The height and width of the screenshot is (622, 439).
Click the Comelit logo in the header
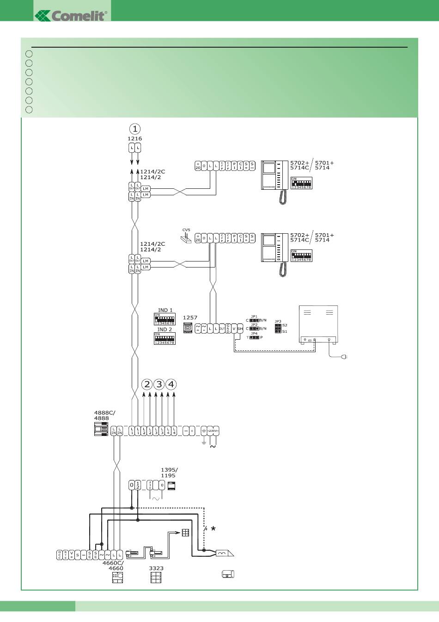pyautogui.click(x=72, y=15)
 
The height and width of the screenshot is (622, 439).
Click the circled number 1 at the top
pyautogui.click(x=134, y=129)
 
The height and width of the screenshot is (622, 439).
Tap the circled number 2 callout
pyautogui.click(x=147, y=384)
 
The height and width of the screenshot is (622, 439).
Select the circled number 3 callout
pyautogui.click(x=159, y=384)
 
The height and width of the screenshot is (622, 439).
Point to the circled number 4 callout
pyautogui.click(x=171, y=384)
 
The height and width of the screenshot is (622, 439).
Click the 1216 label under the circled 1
pyautogui.click(x=134, y=138)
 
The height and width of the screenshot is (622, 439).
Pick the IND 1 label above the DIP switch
pyautogui.click(x=165, y=311)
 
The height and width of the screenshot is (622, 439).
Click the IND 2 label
pyautogui.click(x=165, y=330)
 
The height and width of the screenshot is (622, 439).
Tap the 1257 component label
pyautogui.click(x=190, y=317)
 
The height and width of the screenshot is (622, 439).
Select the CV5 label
pyautogui.click(x=186, y=230)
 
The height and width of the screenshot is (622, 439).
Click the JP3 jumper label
pyautogui.click(x=278, y=321)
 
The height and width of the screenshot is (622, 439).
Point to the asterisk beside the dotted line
pyautogui.click(x=213, y=529)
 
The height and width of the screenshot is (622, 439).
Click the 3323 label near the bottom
pyautogui.click(x=156, y=568)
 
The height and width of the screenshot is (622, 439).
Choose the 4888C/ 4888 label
pyautogui.click(x=104, y=415)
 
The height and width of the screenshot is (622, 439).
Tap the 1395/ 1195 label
pyautogui.click(x=169, y=473)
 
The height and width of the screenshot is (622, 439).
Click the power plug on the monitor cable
pyautogui.click(x=344, y=357)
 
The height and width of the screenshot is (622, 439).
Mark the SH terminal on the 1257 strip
pyautogui.click(x=240, y=328)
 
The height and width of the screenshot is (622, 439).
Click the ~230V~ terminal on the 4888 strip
pyautogui.click(x=213, y=431)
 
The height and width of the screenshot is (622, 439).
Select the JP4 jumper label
pyautogui.click(x=254, y=333)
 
